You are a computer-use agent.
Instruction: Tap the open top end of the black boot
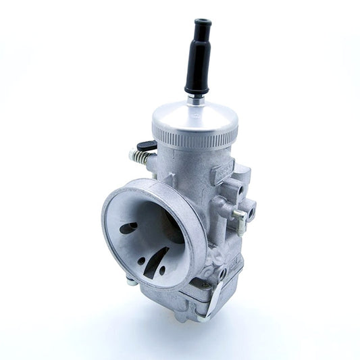point(201,23)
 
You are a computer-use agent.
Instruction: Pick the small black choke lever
point(147,145)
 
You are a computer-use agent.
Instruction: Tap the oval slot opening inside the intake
point(129,228)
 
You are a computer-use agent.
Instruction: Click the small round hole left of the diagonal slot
point(142,259)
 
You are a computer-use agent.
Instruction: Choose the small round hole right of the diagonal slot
point(163,271)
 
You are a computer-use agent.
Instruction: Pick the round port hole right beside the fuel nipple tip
point(251,206)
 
